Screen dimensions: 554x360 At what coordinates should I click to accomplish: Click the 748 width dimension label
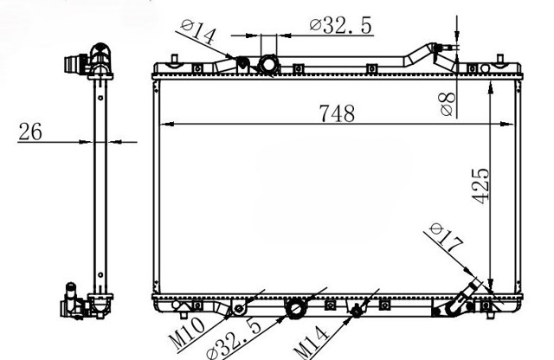coord(337,113)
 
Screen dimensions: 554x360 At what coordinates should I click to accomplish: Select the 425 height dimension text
coord(481,186)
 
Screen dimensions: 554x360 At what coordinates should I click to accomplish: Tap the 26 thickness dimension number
coord(30,132)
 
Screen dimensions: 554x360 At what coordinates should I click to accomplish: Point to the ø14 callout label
coord(198,31)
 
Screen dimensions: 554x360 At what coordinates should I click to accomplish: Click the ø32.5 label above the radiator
coord(341,26)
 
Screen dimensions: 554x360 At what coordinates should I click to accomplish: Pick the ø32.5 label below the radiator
coord(235,338)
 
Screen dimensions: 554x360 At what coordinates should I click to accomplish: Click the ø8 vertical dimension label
coord(448,104)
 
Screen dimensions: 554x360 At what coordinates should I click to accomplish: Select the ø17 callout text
coord(447,238)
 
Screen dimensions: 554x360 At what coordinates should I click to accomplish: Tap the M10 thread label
coord(186,332)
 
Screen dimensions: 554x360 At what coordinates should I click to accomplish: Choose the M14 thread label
coord(312,343)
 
